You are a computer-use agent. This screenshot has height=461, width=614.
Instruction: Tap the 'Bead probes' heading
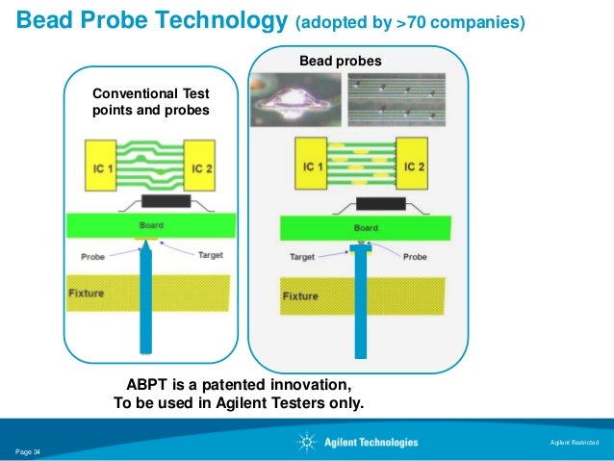click(340, 62)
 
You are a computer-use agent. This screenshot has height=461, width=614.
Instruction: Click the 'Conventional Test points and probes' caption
click(150, 102)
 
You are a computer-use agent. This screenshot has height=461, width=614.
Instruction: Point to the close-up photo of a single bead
click(294, 99)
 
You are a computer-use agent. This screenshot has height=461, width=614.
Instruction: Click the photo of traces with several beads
click(396, 99)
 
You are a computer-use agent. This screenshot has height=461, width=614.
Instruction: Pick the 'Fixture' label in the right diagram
click(299, 296)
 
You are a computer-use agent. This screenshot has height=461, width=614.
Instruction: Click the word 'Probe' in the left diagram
click(92, 256)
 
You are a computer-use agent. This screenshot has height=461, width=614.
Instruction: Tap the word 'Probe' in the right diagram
click(415, 257)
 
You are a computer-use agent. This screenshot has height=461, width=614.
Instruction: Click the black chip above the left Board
click(165, 201)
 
